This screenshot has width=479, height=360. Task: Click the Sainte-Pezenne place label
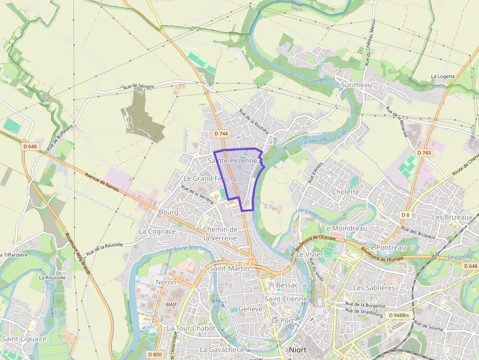pos(233,160)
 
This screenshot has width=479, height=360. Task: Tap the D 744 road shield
pos(221,133)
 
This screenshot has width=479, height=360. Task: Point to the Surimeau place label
pos(357,85)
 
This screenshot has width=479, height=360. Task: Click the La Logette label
pos(443,76)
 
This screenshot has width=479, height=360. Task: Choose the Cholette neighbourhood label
pos(346,191)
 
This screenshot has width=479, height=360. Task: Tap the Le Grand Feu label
pos(204,178)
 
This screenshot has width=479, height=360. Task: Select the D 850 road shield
pos(154,354)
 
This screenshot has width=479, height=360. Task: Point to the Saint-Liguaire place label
pos(24,338)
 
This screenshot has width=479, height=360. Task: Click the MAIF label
pos(171,304)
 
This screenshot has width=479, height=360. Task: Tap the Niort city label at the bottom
pos(298,350)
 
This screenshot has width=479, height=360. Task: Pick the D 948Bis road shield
pos(399,316)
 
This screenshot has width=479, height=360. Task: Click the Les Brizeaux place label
pos(452,216)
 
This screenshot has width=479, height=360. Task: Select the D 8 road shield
pos(405,215)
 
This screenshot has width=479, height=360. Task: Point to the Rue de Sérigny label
pos(139,86)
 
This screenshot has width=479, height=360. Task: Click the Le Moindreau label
pos(345,228)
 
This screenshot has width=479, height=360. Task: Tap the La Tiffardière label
pos(14,254)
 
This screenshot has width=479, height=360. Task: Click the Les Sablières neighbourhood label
pos(374,288)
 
